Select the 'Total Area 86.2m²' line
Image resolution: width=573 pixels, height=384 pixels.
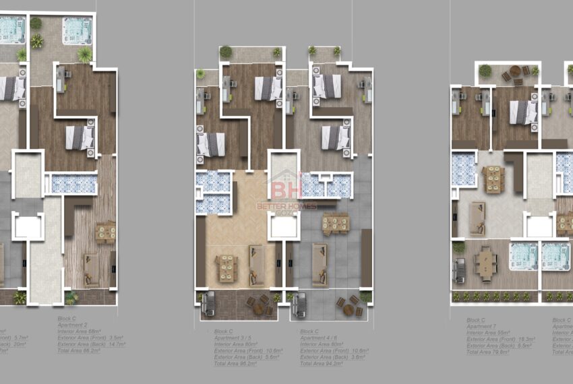[x=79, y=350]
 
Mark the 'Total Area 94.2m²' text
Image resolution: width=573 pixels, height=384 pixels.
[x=322, y=364]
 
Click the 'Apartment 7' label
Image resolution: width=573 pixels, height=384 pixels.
[x=480, y=326]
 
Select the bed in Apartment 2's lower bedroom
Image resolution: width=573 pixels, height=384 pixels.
[x=80, y=138]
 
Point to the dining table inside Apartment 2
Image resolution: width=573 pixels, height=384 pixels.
[x=105, y=231]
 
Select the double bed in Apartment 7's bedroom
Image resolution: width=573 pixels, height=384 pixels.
[x=522, y=113]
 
